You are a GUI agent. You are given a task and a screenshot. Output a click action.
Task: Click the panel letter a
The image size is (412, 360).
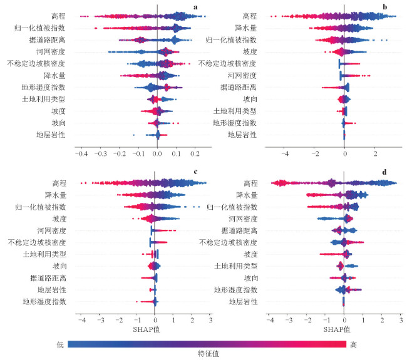pos(195,8)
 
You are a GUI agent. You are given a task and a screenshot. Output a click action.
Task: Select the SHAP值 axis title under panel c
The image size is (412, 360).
pos(145,329)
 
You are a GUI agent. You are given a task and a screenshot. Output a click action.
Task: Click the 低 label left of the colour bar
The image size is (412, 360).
pos(60,344)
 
